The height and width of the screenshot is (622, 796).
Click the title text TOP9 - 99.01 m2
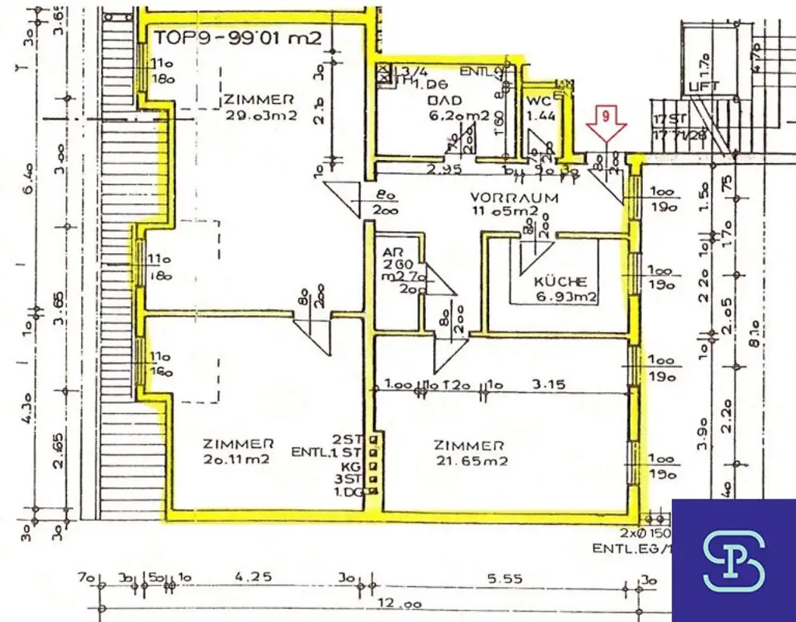pos(236,37)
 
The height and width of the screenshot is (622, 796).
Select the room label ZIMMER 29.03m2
pos(260,107)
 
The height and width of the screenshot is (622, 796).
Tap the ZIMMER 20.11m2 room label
pos(238,452)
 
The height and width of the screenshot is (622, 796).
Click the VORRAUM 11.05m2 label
pos(515,203)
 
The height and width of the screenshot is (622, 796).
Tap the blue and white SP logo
pos(733,560)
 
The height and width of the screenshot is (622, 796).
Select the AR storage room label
pos(391,253)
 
